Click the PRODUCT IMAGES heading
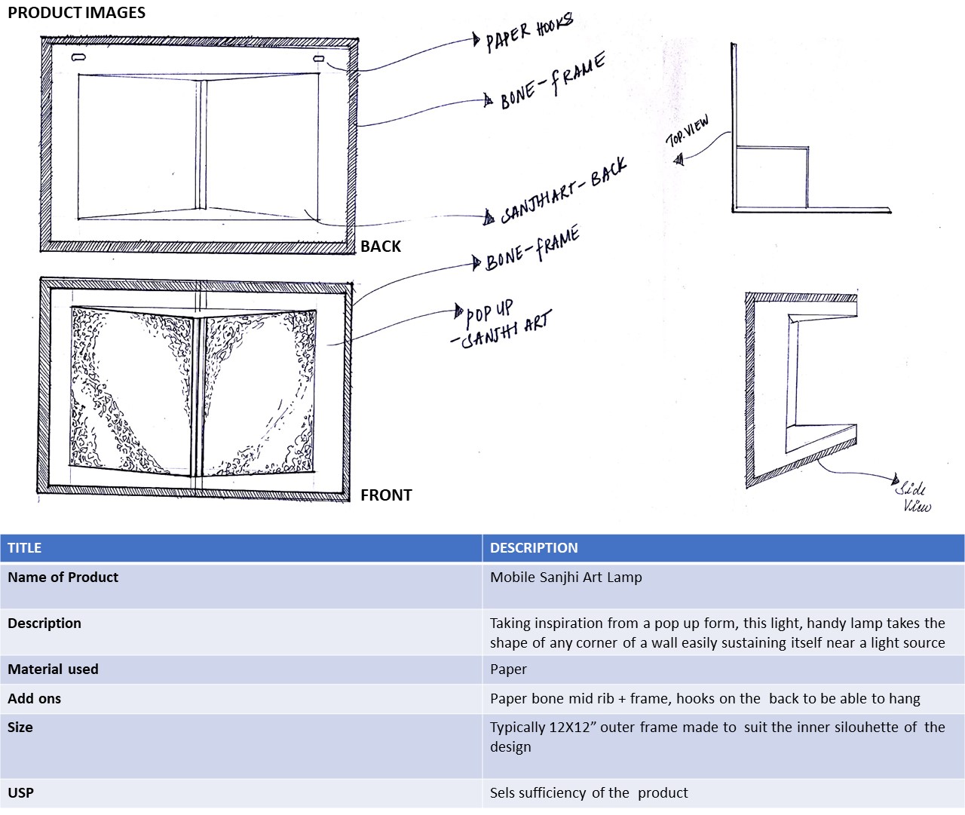click(x=76, y=13)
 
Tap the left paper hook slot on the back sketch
click(x=78, y=58)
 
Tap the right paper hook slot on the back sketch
click(x=319, y=58)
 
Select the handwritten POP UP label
click(x=489, y=310)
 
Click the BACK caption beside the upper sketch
click(x=381, y=247)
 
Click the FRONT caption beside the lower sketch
click(x=386, y=495)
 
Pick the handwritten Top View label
click(x=687, y=133)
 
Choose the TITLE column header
click(x=25, y=548)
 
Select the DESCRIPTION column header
click(x=534, y=548)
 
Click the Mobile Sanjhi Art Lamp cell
click(x=566, y=578)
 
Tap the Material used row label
click(x=53, y=669)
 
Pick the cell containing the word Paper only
click(x=508, y=669)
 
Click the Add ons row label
click(x=34, y=699)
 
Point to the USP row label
click(x=20, y=793)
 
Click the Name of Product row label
click(x=63, y=578)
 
